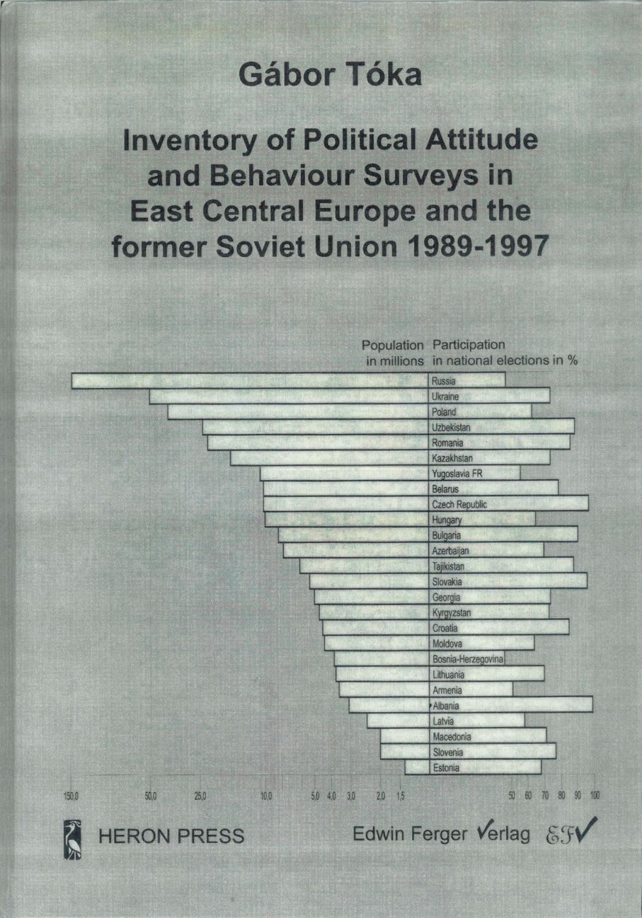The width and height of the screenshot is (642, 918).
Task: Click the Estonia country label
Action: (446, 768)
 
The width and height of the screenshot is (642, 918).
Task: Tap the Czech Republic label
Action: (459, 505)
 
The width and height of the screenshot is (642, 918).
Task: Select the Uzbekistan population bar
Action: (316, 428)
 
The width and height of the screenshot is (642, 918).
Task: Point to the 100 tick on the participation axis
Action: (595, 796)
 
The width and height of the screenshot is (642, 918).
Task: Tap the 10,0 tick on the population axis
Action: (266, 796)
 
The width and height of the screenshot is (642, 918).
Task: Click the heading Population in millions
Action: (393, 352)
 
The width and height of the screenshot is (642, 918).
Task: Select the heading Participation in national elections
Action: (505, 352)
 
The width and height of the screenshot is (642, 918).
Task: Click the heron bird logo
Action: (73, 838)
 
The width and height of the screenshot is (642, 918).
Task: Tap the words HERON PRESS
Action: (173, 836)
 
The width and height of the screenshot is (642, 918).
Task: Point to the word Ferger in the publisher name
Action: (438, 834)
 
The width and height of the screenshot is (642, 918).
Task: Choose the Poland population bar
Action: (298, 412)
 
